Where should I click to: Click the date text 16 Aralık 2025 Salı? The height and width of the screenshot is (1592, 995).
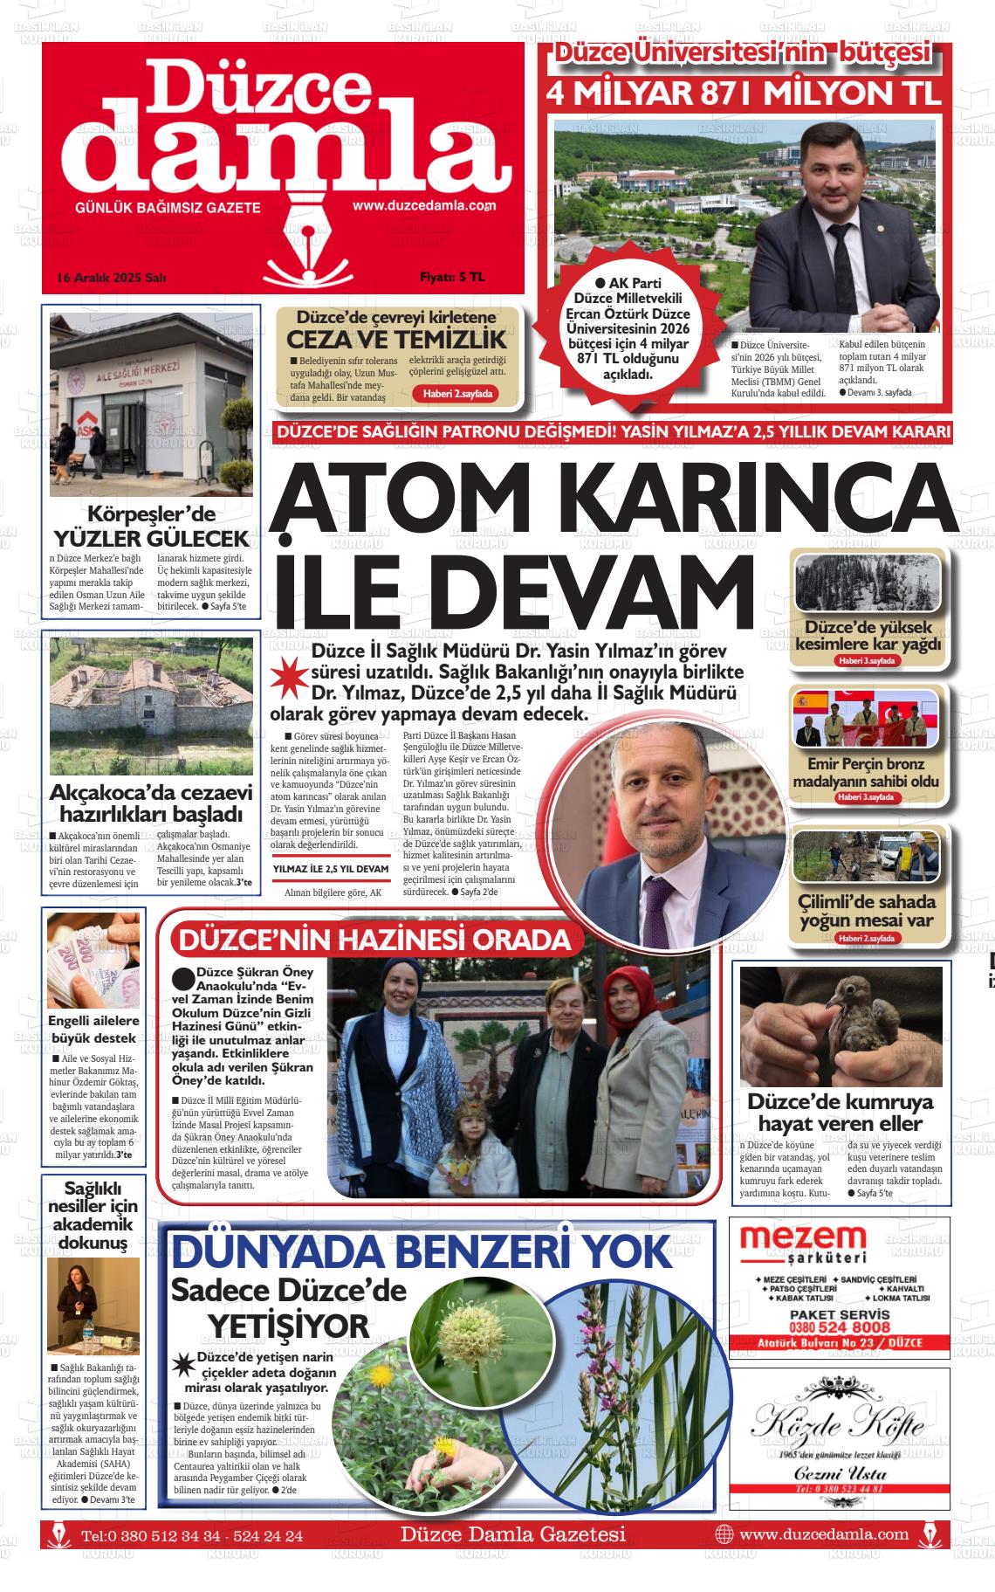pos(111,278)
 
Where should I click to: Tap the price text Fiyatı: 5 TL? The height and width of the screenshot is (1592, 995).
pos(451,278)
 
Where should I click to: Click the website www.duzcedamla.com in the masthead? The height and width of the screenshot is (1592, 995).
pos(423,206)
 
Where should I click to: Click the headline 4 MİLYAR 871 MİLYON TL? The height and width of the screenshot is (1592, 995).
pos(745,93)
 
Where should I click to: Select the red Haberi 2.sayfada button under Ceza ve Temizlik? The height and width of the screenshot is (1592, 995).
pos(458,394)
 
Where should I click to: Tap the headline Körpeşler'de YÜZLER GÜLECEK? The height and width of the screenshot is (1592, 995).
pos(151,526)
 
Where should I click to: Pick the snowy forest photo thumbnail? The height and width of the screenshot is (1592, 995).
pos(867,583)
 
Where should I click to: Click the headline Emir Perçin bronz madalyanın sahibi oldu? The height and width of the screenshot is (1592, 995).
pos(866,773)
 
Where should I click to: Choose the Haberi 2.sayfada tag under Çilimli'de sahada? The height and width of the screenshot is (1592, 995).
pos(867,939)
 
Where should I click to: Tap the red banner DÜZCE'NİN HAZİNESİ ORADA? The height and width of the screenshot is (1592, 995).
pos(374,941)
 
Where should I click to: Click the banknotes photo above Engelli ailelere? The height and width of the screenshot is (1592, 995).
pos(93,961)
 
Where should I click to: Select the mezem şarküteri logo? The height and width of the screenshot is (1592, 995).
pos(803,1244)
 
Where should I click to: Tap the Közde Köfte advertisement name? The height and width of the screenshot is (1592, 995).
pos(838,1425)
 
